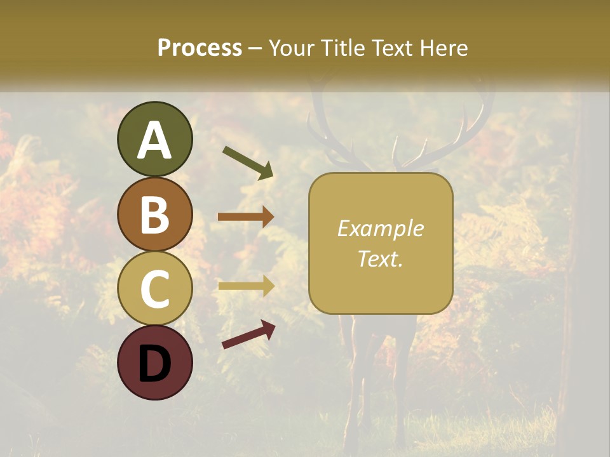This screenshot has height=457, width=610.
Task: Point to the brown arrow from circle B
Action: (x=246, y=217)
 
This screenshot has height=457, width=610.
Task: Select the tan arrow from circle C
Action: (x=246, y=286)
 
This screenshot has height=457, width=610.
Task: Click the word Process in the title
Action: (x=200, y=48)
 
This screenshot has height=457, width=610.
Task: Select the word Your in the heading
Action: (x=293, y=48)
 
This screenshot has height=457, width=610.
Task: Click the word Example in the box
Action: (x=380, y=228)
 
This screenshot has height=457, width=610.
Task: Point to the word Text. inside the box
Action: (x=380, y=258)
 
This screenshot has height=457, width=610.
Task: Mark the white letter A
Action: (x=154, y=141)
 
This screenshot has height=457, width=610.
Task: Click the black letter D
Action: (x=154, y=364)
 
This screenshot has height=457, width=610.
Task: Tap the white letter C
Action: (x=154, y=289)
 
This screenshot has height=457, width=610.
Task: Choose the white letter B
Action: (x=154, y=215)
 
